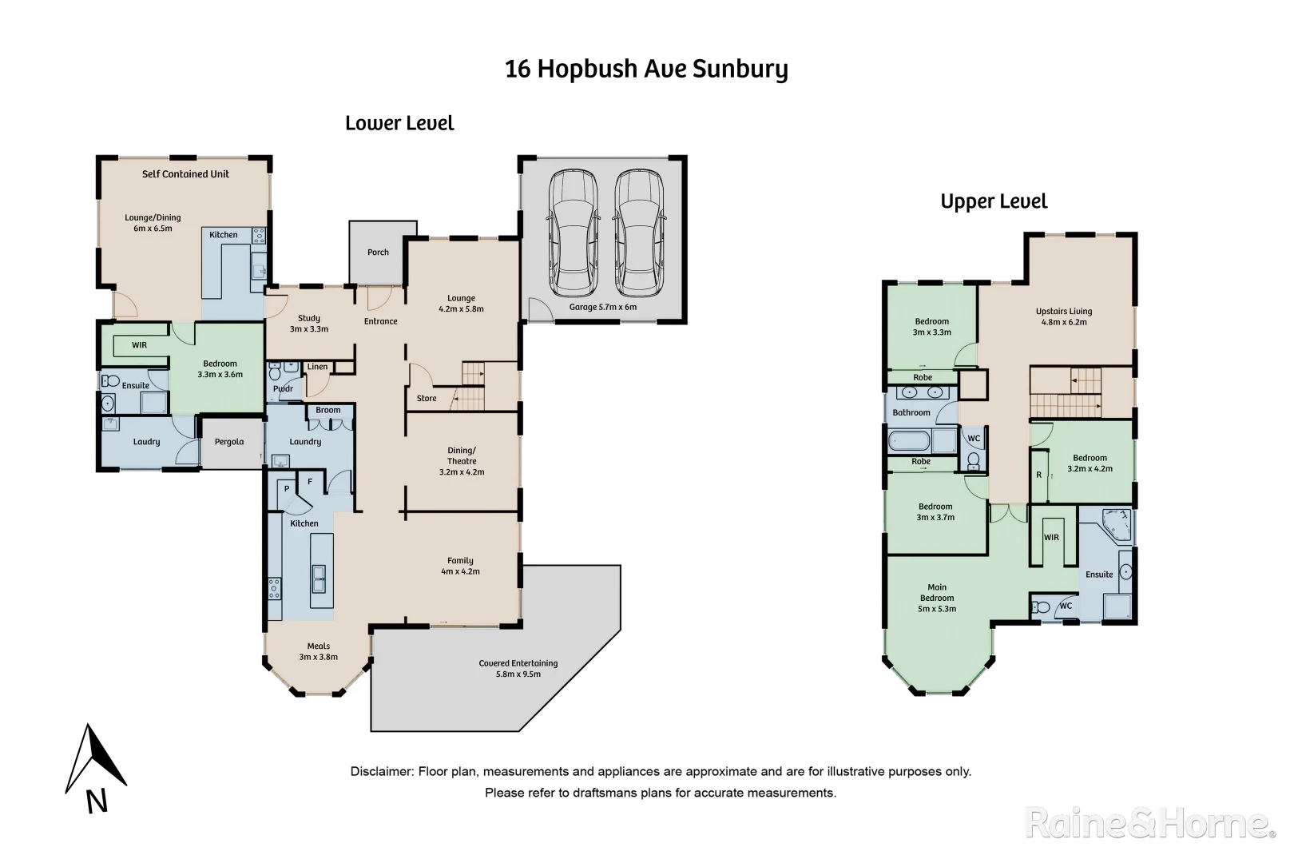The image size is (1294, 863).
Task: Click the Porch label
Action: click(378, 253)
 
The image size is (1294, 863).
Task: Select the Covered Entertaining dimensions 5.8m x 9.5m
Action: click(518, 674)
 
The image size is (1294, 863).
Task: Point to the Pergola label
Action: click(229, 442)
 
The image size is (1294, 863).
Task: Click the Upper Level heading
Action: click(994, 201)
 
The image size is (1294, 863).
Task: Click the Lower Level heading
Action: click(399, 123)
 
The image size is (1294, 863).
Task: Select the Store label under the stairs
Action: click(427, 399)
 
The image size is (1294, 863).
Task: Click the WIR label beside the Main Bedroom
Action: click(1051, 538)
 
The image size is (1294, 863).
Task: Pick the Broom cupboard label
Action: click(327, 411)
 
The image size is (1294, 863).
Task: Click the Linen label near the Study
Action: click(317, 367)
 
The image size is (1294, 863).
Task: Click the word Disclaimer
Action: click(380, 772)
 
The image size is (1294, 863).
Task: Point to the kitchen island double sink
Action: click(319, 578)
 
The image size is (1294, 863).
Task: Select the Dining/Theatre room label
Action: click(462, 455)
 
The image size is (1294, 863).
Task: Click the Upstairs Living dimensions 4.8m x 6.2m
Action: click(1064, 323)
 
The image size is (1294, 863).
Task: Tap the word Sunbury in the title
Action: click(740, 69)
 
